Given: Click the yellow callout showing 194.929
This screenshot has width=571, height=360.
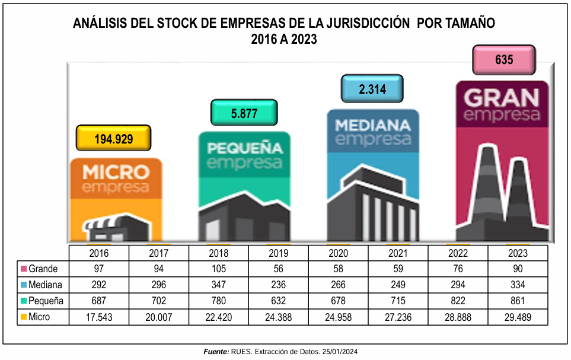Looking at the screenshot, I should click(114, 139).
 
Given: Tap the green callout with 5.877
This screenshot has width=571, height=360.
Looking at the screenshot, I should click(244, 113).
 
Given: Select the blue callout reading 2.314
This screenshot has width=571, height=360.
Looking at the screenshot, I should click(372, 88).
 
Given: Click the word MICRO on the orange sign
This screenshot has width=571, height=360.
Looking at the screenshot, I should click(116, 173).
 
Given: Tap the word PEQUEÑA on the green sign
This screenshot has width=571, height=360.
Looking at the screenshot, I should click(244, 147).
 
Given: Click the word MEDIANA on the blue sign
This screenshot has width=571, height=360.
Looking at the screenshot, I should click(372, 125).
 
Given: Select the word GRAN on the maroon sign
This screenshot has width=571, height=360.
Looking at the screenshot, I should click(502, 97).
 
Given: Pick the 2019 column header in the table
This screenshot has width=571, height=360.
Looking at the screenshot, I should click(278, 251).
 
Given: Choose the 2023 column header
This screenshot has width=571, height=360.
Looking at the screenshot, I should click(518, 251).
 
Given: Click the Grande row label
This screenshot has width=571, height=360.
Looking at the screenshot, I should click(43, 268).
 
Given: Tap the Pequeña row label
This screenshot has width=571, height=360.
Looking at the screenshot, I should click(46, 301).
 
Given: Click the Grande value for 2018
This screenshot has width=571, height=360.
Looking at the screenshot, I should click(218, 268).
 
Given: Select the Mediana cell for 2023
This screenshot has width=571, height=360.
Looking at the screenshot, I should click(518, 285).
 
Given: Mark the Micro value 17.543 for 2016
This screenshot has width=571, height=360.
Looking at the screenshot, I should click(98, 317).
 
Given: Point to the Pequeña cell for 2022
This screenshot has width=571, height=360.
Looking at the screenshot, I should click(458, 301).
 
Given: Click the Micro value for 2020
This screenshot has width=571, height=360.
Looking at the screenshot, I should click(338, 317).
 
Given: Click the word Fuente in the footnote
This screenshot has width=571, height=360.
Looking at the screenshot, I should click(216, 352).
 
